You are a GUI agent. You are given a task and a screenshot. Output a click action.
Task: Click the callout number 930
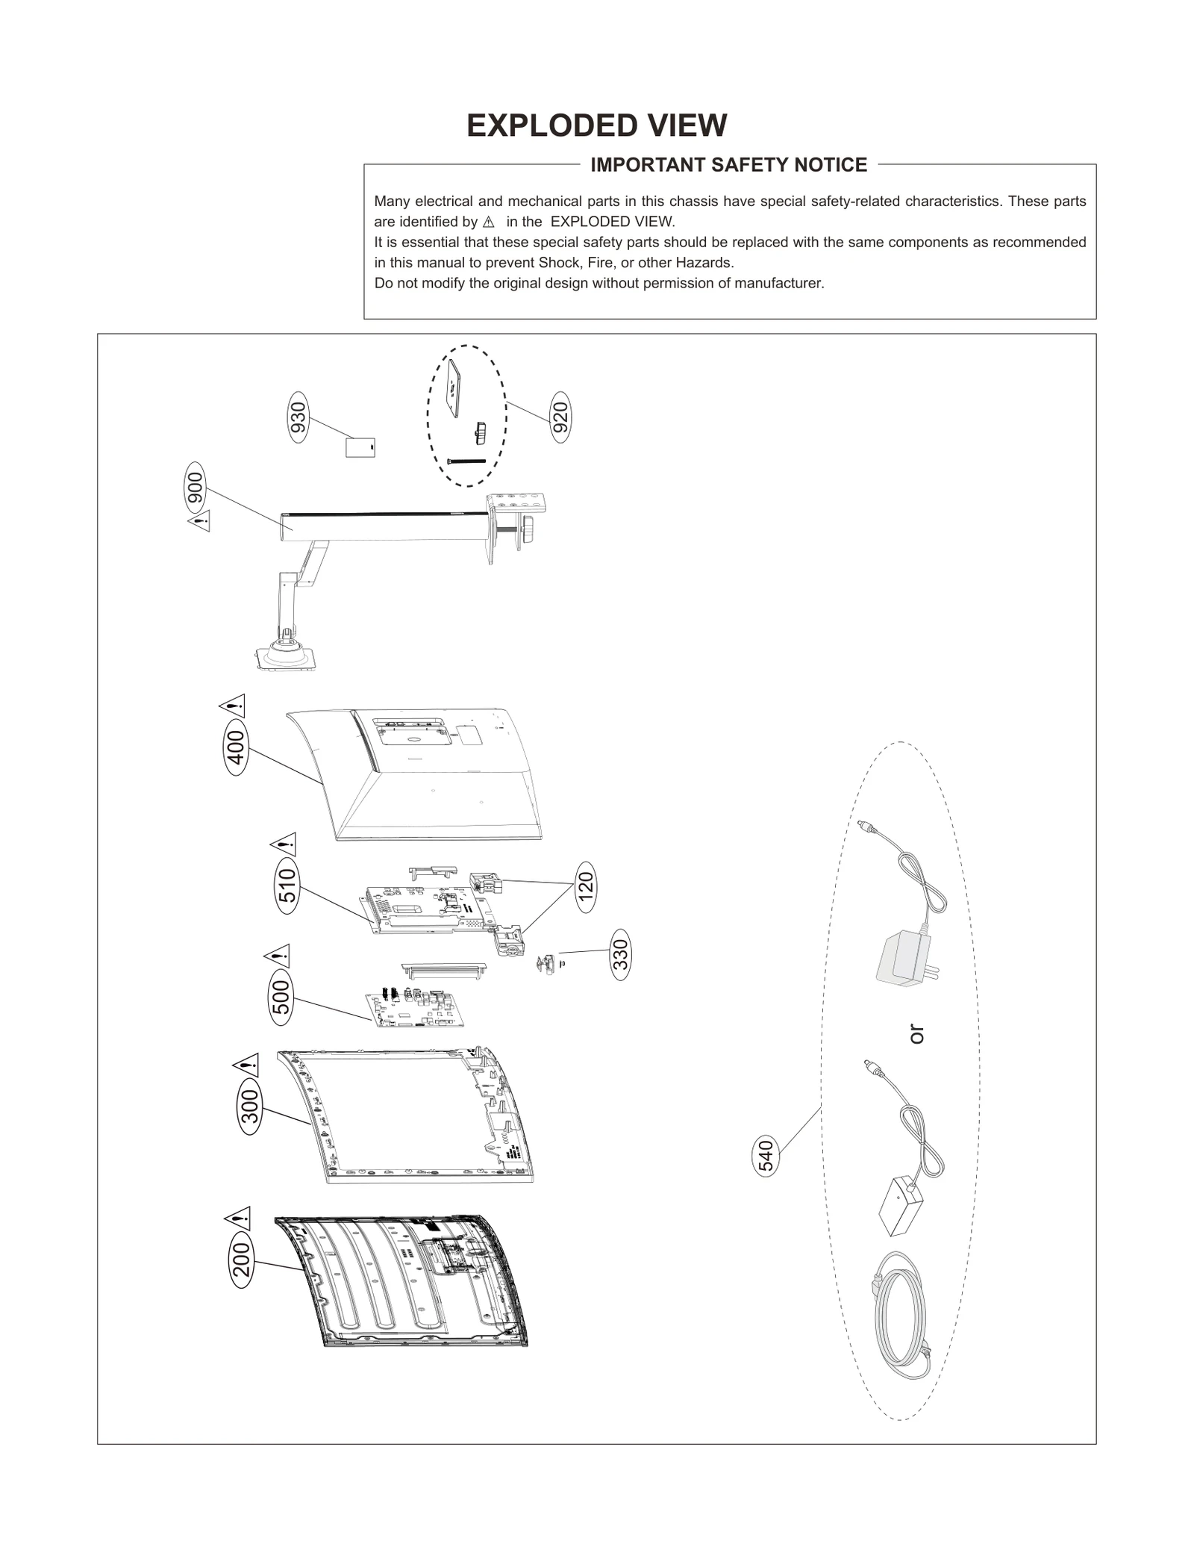pos(298,418)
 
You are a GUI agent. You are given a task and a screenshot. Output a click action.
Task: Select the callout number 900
pos(194,488)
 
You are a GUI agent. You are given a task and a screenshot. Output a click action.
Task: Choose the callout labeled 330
pos(620,954)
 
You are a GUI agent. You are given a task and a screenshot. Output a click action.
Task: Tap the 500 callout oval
pos(280,998)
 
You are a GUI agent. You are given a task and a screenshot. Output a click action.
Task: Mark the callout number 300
pos(250,1107)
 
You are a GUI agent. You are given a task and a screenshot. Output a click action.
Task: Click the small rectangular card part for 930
pos(360,447)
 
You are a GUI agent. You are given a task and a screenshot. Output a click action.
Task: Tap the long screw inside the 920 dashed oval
pos(466,461)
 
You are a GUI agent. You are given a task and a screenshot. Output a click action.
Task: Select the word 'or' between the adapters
pos(917,1034)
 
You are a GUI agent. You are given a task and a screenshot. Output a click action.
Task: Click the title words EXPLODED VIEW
pos(596,125)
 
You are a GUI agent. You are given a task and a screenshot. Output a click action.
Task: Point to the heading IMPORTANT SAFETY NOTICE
pos(728,165)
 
